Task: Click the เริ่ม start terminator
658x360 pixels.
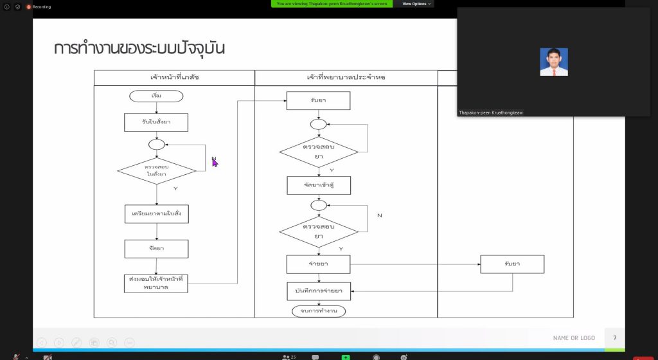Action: coord(156,96)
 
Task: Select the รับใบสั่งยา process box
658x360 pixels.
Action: coord(156,122)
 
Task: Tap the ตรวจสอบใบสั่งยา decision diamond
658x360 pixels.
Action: coord(156,171)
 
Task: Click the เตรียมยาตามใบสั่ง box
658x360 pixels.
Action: coord(156,213)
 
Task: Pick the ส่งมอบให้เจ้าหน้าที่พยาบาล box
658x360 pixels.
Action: coord(156,283)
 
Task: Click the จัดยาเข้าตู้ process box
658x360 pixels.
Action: coord(318,185)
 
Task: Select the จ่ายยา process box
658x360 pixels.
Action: coord(318,264)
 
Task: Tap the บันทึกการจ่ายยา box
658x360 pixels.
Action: coord(318,291)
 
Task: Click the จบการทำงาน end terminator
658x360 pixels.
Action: coord(318,311)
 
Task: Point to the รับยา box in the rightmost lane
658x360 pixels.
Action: coord(512,264)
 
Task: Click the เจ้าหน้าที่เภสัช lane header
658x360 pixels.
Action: coord(174,78)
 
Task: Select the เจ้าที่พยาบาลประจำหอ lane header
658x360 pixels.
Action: coord(346,78)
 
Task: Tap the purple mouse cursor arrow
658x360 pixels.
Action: coord(215,162)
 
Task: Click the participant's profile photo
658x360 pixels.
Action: coord(554,62)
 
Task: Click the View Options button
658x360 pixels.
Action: coord(414,4)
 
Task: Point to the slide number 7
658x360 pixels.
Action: coord(614,338)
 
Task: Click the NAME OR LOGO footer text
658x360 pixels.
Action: coord(574,338)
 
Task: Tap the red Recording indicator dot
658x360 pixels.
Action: coord(29,7)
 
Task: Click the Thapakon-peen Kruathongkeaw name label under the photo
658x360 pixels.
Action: coord(490,113)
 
